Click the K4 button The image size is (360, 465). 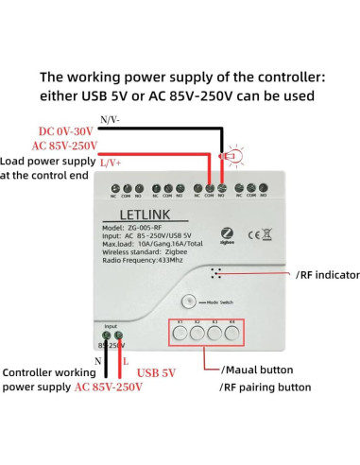tap(232, 332)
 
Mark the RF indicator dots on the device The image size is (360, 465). tap(217, 272)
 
